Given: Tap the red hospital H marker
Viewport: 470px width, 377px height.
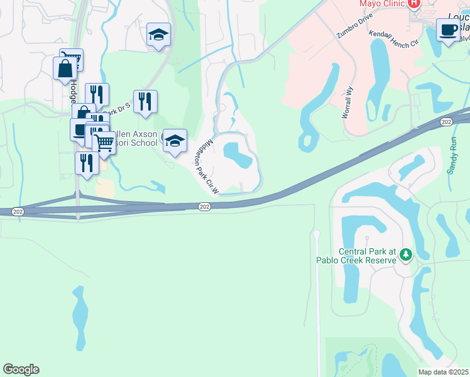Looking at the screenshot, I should [413, 4].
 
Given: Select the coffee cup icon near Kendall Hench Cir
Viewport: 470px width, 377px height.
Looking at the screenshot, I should [448, 30].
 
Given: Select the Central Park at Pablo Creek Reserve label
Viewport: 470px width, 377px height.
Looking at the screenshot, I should [367, 256].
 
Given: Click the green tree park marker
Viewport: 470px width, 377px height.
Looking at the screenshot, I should [406, 255].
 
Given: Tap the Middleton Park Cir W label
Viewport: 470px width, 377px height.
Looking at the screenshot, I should [210, 166].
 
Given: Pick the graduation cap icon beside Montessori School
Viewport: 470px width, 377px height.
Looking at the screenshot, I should [175, 141].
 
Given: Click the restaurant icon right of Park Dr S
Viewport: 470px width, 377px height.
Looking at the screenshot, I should [145, 101].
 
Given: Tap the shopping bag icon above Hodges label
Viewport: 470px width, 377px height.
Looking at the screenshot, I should [65, 68].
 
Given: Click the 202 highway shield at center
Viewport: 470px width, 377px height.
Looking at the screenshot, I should [204, 207].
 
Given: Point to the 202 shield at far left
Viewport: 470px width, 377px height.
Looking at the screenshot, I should [18, 212].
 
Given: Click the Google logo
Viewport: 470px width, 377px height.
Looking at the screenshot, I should [21, 369].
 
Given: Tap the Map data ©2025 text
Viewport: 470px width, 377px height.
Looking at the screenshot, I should [444, 372].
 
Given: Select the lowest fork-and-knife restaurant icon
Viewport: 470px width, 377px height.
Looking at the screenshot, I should [86, 162].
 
